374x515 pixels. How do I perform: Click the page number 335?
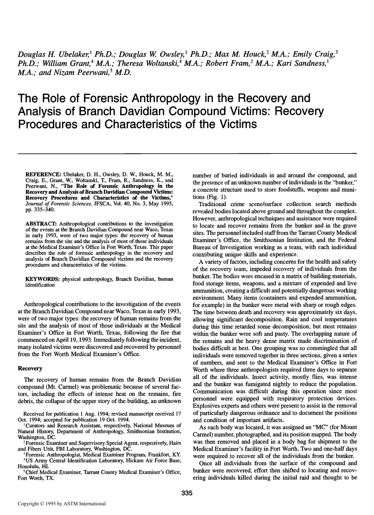tap(187, 493)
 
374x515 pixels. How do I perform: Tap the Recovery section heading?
tap(30, 368)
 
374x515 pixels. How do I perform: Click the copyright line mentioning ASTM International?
tap(62, 503)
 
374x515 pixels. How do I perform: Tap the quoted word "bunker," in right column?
tap(345, 182)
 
